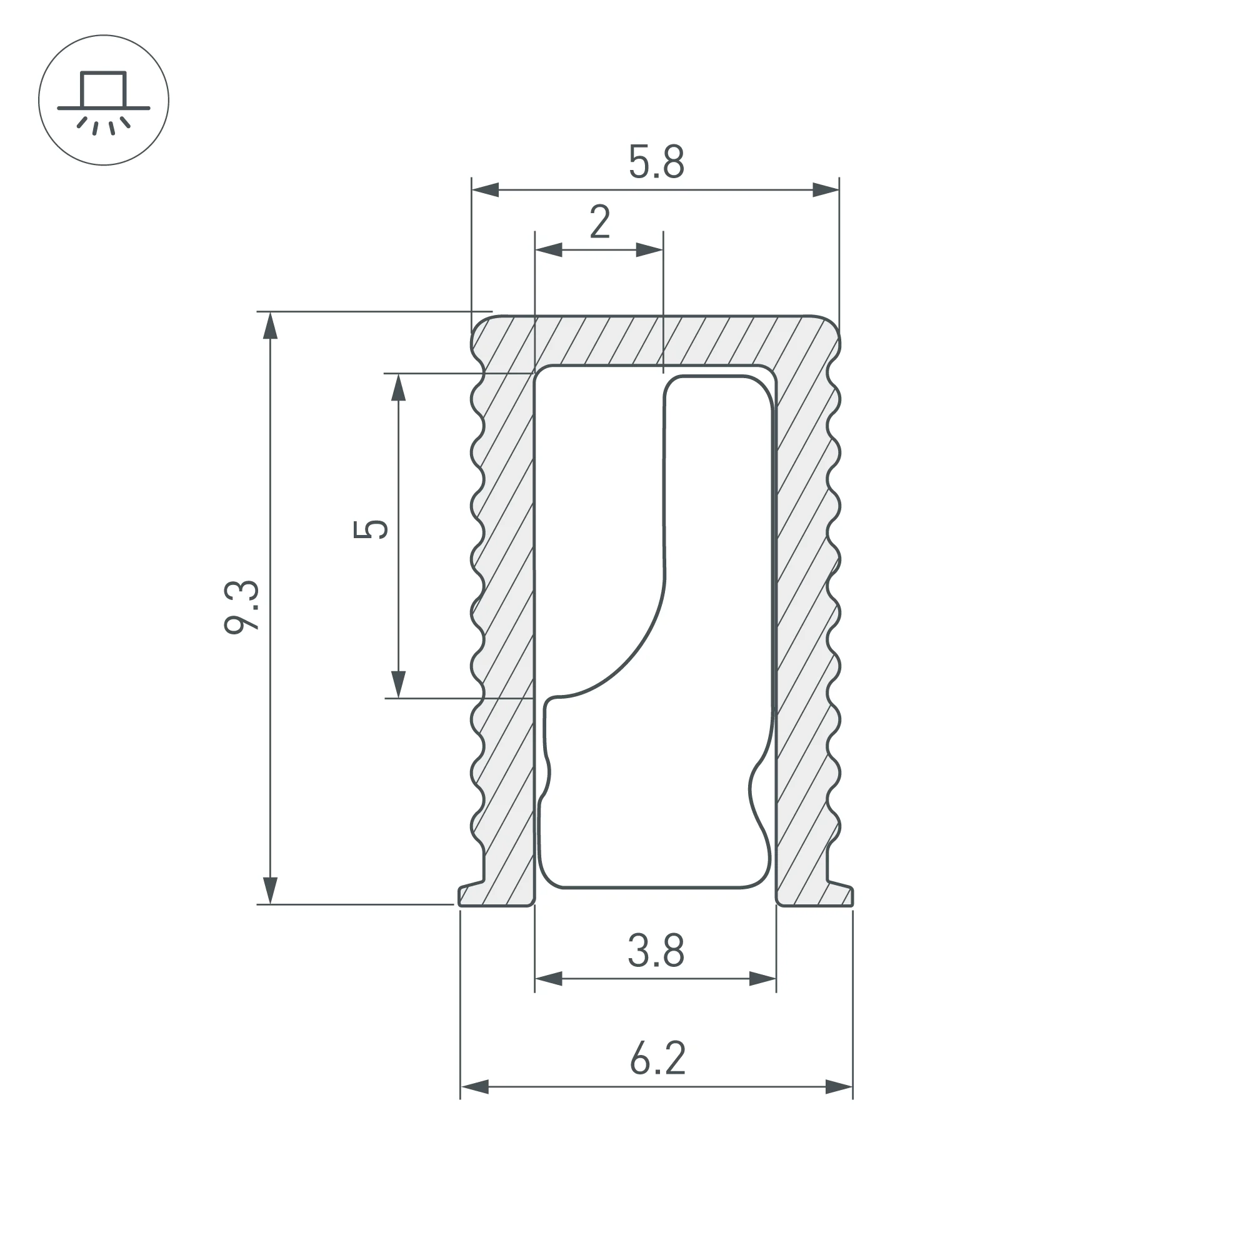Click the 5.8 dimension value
click(x=656, y=162)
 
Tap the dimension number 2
click(x=600, y=222)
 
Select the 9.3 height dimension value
click(x=242, y=607)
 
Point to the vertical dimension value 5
click(x=371, y=529)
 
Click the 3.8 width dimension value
click(x=656, y=951)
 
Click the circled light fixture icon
click(x=104, y=100)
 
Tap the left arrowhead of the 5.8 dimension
click(x=485, y=190)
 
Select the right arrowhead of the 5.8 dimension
click(x=826, y=190)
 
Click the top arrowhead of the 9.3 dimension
click(x=271, y=326)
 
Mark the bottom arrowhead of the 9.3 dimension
click(x=271, y=890)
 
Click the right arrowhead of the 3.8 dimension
click(x=762, y=979)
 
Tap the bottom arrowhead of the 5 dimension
click(x=399, y=684)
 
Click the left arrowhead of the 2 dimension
click(x=549, y=250)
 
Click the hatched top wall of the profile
click(x=656, y=341)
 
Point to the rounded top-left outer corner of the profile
click(x=479, y=323)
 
